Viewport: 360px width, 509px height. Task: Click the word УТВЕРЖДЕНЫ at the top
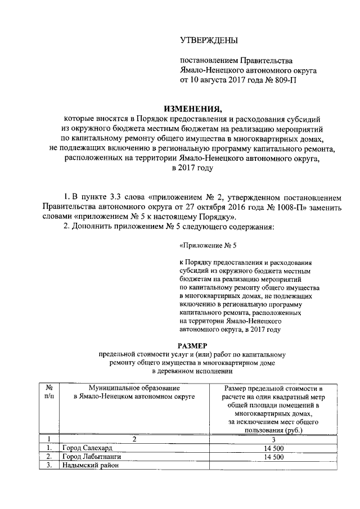pos(209,40)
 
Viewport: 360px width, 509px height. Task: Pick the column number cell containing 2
pos(134,439)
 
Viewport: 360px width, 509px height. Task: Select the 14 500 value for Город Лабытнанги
pos(272,457)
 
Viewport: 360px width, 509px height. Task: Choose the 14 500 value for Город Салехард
pos(272,448)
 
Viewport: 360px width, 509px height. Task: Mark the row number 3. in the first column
pos(49,465)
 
